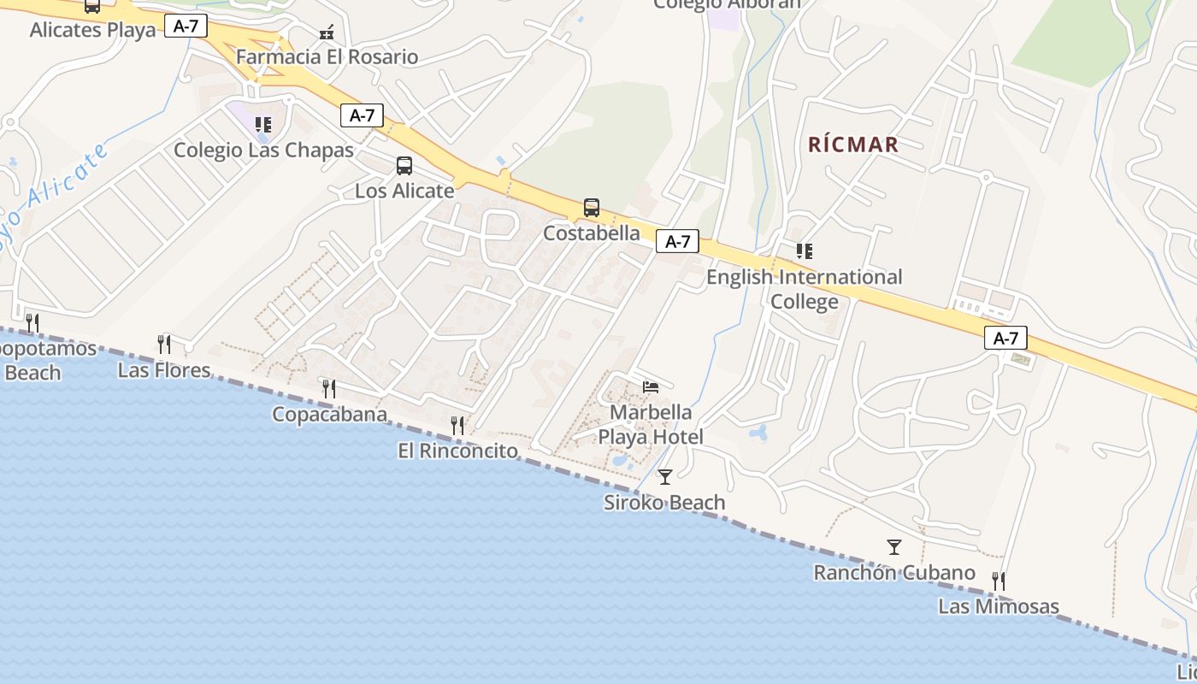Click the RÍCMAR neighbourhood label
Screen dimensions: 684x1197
click(853, 144)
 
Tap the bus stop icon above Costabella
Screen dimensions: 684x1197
click(591, 208)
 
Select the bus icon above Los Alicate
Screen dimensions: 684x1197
click(404, 166)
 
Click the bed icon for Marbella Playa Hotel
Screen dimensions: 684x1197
click(651, 387)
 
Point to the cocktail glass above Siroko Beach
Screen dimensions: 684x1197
click(665, 477)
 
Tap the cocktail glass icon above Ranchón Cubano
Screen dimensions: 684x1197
click(894, 547)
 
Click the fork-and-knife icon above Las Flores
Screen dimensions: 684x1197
click(164, 345)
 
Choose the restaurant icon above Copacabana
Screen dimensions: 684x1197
click(328, 389)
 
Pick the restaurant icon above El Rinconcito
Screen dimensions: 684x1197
click(457, 425)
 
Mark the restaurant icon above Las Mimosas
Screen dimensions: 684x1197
click(998, 581)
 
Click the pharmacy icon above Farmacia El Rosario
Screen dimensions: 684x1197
click(327, 32)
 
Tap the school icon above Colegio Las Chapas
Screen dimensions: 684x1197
click(263, 125)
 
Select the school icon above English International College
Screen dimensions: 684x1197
click(804, 251)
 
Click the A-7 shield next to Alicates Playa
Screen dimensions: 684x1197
click(186, 27)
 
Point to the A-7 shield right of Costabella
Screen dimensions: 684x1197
click(677, 242)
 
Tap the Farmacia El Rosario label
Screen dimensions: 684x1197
click(327, 57)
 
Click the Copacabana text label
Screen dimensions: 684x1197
click(329, 415)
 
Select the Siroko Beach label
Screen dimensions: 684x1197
click(664, 503)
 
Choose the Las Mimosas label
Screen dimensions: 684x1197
click(998, 607)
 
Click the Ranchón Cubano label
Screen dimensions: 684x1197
click(893, 573)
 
